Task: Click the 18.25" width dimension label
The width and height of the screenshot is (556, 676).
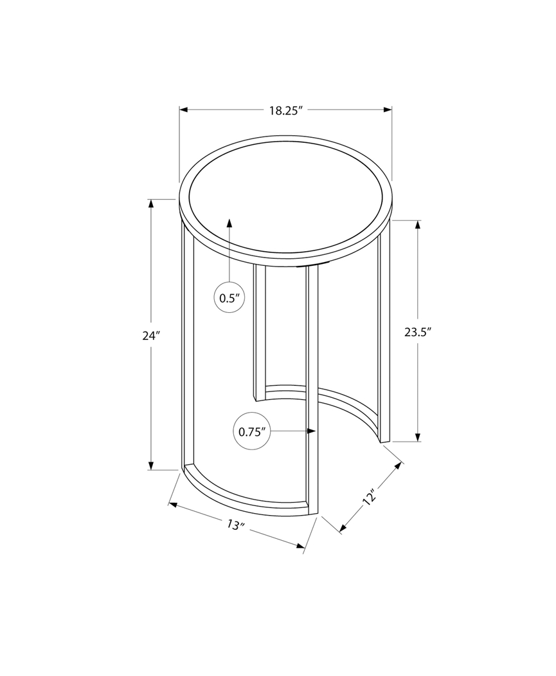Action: tap(285, 110)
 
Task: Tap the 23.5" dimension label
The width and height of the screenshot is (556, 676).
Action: tap(418, 332)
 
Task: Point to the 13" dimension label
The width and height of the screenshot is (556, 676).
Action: tap(237, 525)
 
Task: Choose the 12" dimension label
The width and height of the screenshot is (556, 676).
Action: tap(370, 498)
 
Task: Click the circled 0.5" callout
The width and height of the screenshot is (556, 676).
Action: tap(229, 298)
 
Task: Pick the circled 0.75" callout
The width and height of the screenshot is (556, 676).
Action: tap(252, 432)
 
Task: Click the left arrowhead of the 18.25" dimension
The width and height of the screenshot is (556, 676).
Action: tap(183, 110)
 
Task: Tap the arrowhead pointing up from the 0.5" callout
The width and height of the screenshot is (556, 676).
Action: tap(229, 222)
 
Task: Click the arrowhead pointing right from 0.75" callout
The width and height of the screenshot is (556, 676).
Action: tap(312, 431)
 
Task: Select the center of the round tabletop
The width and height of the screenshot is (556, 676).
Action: tap(285, 201)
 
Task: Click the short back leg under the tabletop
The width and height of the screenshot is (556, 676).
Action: tap(260, 332)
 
